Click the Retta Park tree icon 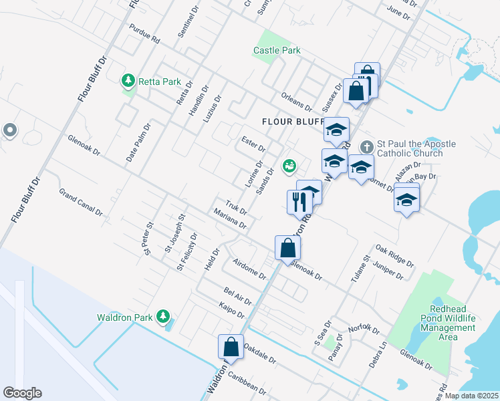coord(128,82)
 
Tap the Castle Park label coord(277,50)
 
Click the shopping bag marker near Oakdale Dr coord(231,347)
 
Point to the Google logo coord(22,393)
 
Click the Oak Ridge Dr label coord(395,254)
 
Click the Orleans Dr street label coord(297,102)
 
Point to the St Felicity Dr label coord(187,252)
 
